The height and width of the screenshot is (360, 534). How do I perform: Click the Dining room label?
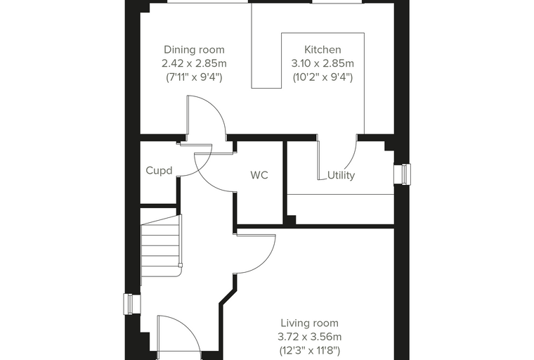point(194,50)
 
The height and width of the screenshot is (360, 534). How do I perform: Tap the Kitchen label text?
point(323,50)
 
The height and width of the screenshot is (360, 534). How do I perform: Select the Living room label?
point(310,323)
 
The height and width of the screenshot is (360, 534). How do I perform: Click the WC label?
point(259,175)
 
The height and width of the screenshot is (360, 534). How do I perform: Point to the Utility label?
point(341,175)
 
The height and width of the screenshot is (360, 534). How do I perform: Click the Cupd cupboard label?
point(159,170)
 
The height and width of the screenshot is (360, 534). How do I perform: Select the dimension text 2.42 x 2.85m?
point(194,63)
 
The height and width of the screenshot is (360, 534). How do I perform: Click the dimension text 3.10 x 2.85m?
point(323,63)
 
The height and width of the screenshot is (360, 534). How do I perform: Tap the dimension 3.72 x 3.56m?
point(310,337)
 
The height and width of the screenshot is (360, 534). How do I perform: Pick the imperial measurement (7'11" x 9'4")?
point(194,77)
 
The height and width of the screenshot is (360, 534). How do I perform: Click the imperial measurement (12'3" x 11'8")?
point(310,350)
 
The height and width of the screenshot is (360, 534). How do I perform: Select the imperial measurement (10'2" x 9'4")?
point(323,77)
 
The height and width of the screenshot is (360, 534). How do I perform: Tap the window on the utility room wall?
point(403,174)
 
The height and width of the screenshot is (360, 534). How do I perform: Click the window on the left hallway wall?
point(132,304)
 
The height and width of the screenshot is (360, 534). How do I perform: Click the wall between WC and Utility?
point(285,183)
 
